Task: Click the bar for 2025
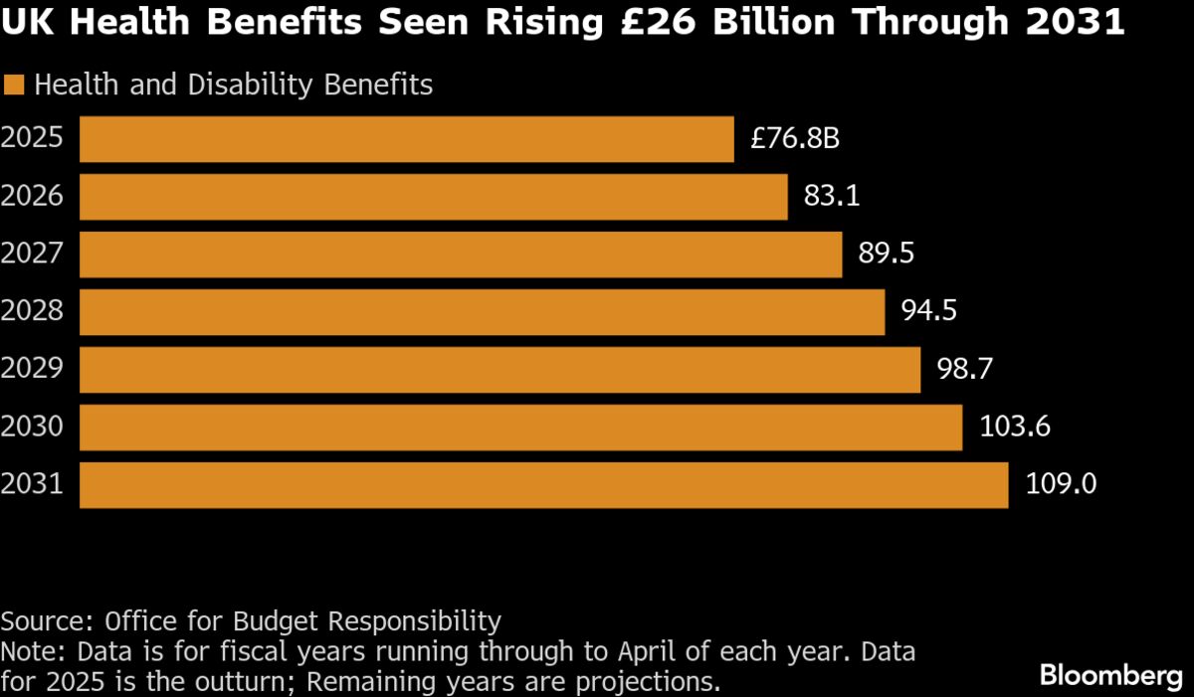[x=406, y=139]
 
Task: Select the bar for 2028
[x=482, y=312]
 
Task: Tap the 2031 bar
[x=543, y=485]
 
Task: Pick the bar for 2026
[x=433, y=197]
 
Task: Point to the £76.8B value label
[x=795, y=139]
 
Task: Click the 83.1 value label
[x=832, y=197]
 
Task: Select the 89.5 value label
[x=886, y=255]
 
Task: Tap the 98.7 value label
[x=964, y=370]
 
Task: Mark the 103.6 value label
[x=1015, y=428]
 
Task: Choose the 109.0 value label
[x=1061, y=485]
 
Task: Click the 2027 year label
[x=32, y=255]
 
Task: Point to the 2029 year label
[x=32, y=370]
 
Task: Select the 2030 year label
[x=32, y=428]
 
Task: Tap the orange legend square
[x=14, y=86]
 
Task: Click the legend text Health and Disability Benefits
[x=234, y=86]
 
